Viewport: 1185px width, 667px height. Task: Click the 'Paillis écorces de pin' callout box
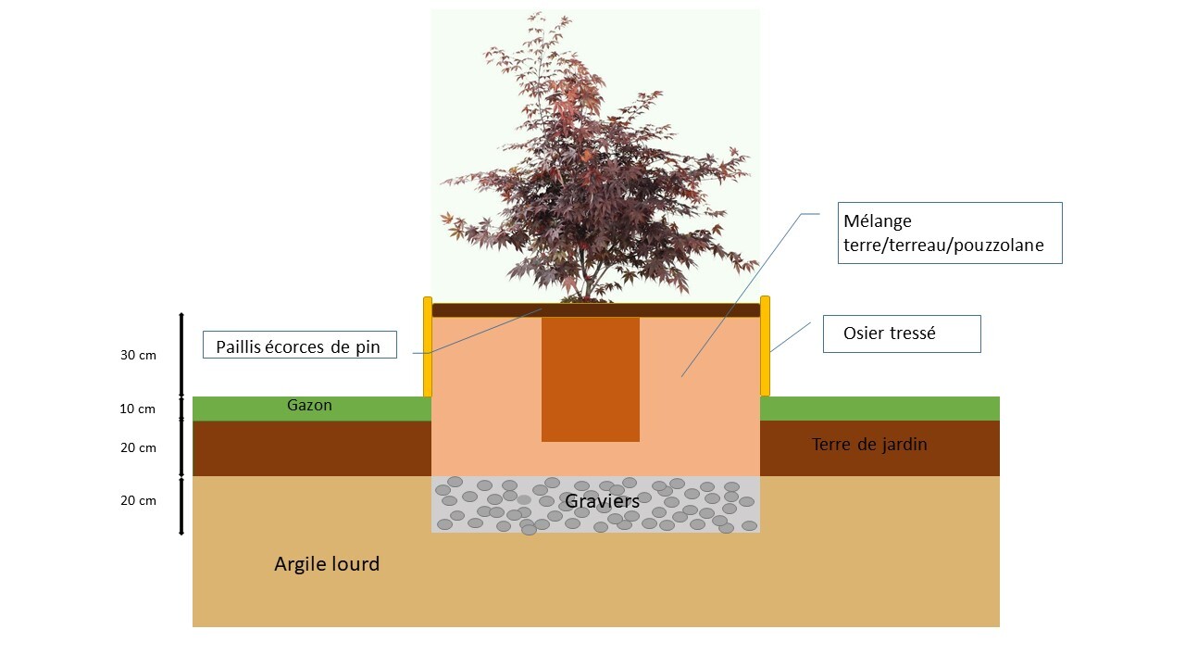click(299, 346)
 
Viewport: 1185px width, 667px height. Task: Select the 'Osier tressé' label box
click(901, 333)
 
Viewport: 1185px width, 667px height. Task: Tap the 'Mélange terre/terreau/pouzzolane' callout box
click(949, 233)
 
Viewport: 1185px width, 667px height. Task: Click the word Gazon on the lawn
click(309, 406)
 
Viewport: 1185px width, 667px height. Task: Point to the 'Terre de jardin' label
click(869, 445)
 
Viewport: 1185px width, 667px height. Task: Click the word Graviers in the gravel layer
click(602, 501)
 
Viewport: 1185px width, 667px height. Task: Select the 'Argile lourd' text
click(327, 563)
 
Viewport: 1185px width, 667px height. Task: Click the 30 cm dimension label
click(139, 356)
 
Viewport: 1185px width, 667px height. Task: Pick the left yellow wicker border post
click(428, 346)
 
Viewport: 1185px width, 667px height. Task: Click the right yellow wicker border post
click(765, 346)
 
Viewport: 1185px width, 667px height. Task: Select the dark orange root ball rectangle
click(590, 380)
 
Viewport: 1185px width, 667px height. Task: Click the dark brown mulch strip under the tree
click(648, 310)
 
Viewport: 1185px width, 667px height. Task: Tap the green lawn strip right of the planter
click(879, 409)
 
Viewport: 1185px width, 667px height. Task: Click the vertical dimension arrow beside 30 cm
click(181, 356)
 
